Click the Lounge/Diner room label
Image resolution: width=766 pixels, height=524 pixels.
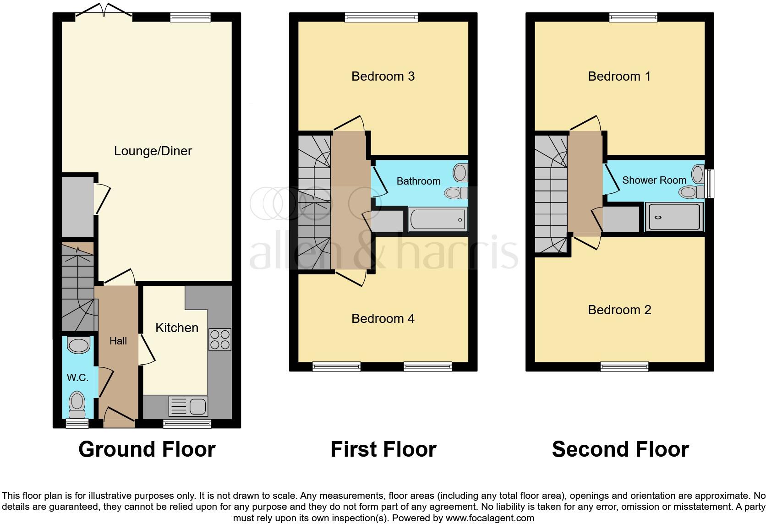(153, 151)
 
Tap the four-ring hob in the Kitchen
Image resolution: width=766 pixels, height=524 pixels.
(220, 340)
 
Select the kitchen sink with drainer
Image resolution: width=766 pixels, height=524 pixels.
(188, 406)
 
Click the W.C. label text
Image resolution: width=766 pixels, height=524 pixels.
(77, 378)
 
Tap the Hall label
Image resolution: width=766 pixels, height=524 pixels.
(118, 341)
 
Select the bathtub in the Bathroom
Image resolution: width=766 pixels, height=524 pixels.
(438, 220)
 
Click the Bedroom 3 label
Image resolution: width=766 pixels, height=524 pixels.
(383, 76)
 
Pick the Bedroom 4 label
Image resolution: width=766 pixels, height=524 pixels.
(383, 318)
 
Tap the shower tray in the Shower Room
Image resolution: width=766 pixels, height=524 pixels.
(673, 217)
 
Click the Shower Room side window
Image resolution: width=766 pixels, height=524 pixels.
(710, 183)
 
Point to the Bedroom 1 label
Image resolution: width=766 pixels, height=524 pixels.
(619, 76)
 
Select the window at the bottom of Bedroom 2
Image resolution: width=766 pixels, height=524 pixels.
(624, 366)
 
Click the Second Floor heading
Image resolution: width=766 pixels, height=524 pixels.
(620, 449)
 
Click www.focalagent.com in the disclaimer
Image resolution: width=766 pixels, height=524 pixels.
(490, 519)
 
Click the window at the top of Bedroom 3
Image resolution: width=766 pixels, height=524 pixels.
(381, 17)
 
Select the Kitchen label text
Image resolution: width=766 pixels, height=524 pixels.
(177, 327)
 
